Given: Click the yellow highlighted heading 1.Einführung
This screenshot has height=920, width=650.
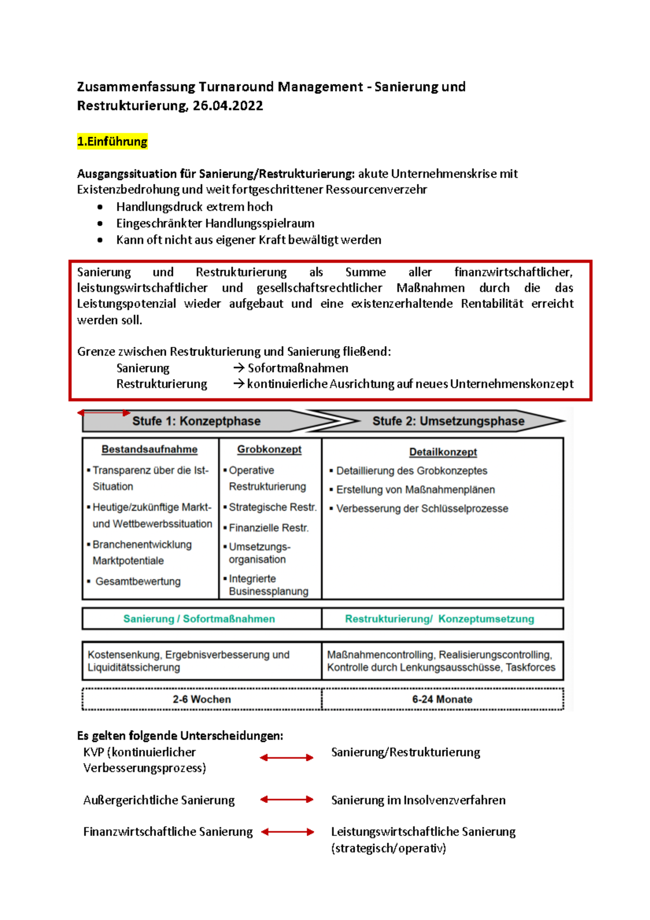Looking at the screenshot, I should pyautogui.click(x=112, y=142).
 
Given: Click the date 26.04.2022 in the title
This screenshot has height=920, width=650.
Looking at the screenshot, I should pyautogui.click(x=227, y=106).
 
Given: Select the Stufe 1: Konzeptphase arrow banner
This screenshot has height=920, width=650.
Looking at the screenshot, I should pyautogui.click(x=196, y=421).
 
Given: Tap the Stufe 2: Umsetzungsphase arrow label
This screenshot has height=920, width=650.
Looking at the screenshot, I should pyautogui.click(x=448, y=421).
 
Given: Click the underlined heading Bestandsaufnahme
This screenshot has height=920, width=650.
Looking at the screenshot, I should pyautogui.click(x=149, y=449).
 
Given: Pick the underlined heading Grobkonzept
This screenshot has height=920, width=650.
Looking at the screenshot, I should pyautogui.click(x=269, y=449).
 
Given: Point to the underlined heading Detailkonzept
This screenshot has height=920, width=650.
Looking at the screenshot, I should pyautogui.click(x=443, y=452).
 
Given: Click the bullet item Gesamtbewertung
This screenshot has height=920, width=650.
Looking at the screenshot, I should pyautogui.click(x=138, y=581).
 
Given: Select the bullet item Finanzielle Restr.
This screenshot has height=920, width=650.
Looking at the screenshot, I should pyautogui.click(x=268, y=528).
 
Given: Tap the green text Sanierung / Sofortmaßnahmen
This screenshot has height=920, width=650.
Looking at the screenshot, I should pyautogui.click(x=199, y=619).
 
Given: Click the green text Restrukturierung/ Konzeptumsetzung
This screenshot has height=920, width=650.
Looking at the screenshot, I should pyautogui.click(x=439, y=619).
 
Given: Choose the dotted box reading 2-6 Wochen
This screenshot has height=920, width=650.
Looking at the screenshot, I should pyautogui.click(x=201, y=699).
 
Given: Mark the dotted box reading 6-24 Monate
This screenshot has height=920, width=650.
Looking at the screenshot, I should pyautogui.click(x=442, y=699).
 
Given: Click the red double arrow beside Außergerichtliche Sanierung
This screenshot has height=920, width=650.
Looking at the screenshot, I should pyautogui.click(x=287, y=799).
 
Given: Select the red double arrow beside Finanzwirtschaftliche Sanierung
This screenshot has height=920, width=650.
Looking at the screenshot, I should pyautogui.click(x=288, y=832).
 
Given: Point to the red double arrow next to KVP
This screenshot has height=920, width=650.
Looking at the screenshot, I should pyautogui.click(x=287, y=757).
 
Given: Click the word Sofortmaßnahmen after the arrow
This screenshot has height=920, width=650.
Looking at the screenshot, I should pyautogui.click(x=298, y=368).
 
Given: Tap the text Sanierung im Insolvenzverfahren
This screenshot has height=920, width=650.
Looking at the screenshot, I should pyautogui.click(x=418, y=800).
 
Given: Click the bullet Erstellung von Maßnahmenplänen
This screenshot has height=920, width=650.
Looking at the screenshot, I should pyautogui.click(x=415, y=490).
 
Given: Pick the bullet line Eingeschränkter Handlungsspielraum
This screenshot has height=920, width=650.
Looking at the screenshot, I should pyautogui.click(x=215, y=223).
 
